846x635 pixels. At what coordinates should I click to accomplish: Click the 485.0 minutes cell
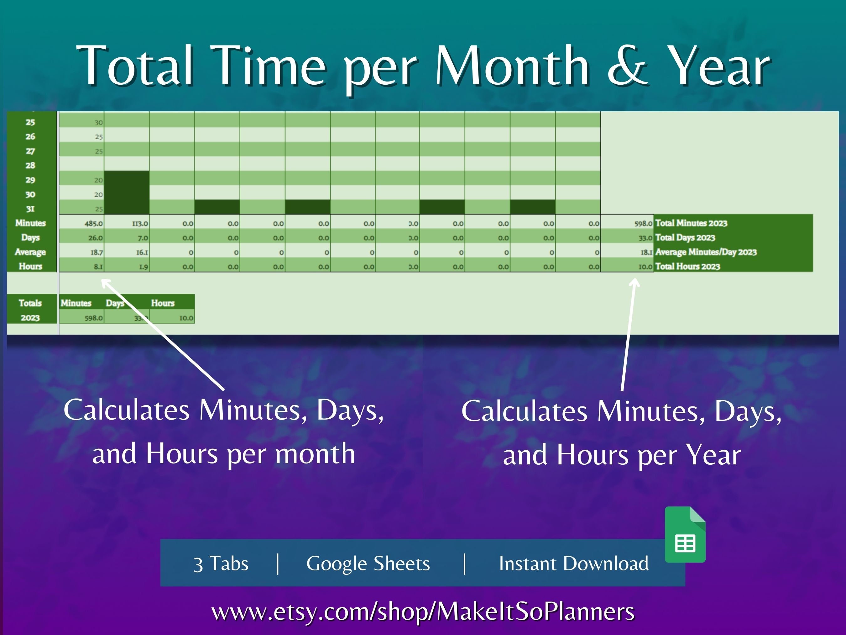click(93, 223)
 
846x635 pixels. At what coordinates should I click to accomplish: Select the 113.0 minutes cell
click(140, 223)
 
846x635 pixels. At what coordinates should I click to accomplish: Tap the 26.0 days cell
click(95, 238)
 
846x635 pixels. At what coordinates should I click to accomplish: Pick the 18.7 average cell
click(97, 252)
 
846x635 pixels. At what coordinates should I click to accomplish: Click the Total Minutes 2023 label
click(691, 223)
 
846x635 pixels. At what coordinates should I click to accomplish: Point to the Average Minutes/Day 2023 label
click(706, 252)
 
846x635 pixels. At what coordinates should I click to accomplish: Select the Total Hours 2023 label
click(687, 267)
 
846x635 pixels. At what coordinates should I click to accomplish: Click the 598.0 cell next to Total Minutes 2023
click(643, 223)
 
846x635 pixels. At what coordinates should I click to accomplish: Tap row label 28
click(30, 165)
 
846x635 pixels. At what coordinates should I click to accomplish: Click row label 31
click(30, 209)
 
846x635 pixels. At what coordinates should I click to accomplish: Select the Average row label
click(30, 252)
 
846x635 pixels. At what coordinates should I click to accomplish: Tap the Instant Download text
click(573, 564)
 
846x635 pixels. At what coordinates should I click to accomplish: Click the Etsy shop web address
click(423, 611)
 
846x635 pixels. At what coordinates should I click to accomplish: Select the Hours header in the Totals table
click(163, 303)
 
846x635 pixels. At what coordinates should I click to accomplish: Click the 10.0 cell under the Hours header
click(186, 318)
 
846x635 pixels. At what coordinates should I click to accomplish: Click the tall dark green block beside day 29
click(127, 192)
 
